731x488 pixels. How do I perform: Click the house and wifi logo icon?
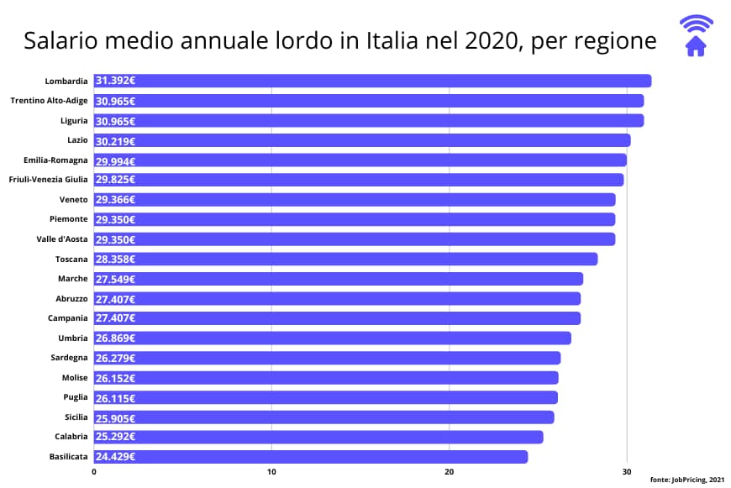[x=696, y=36]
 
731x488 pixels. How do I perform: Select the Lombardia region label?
[x=66, y=81]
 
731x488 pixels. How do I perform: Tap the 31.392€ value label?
[x=116, y=81]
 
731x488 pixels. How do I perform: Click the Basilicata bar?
[x=311, y=457]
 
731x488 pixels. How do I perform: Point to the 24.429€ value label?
[x=116, y=457]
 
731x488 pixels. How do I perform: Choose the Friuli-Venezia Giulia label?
[x=48, y=180]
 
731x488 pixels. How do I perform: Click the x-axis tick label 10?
[x=271, y=472]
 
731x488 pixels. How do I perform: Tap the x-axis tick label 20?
[x=449, y=472]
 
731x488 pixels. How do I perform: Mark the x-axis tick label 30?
[x=626, y=472]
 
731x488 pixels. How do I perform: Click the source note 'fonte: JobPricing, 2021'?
[x=686, y=479]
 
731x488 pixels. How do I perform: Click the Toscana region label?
[x=71, y=260]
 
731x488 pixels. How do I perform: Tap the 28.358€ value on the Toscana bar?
[x=116, y=260]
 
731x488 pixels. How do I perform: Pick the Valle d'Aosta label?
[x=62, y=239]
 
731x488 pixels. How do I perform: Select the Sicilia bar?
[x=323, y=417]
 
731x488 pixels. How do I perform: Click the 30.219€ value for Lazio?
[x=116, y=140]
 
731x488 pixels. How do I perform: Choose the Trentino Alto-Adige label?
[x=49, y=101]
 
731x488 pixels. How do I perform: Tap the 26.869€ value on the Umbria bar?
[x=116, y=338]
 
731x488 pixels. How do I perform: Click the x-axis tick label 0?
[x=94, y=472]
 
